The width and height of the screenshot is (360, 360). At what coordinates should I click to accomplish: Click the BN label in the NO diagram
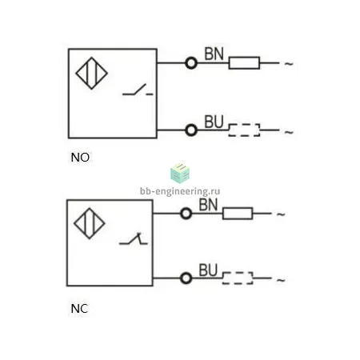(x=214, y=54)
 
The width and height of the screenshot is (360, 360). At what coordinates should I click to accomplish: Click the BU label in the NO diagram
(x=214, y=122)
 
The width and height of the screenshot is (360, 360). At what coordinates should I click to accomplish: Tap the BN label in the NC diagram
(x=208, y=205)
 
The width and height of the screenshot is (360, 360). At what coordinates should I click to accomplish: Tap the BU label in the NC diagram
(x=208, y=270)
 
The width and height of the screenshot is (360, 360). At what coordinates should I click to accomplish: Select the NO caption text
(x=80, y=158)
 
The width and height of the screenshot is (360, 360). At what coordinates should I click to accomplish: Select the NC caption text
(x=79, y=309)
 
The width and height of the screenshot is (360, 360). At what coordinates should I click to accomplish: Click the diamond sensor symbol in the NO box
(x=91, y=73)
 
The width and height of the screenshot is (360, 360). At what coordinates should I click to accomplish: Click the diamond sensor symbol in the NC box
(x=90, y=223)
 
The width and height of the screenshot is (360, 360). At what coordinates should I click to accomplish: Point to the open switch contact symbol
(x=138, y=90)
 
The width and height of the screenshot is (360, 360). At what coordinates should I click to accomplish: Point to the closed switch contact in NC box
(x=134, y=238)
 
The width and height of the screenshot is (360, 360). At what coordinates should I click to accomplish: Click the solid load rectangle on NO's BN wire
(x=244, y=63)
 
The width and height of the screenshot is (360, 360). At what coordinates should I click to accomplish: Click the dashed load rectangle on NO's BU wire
(x=244, y=130)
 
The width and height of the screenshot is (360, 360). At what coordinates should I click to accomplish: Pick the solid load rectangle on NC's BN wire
(x=238, y=214)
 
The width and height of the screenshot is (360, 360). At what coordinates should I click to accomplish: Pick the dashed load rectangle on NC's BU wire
(x=238, y=278)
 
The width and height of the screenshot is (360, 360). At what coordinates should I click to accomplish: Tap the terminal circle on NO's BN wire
(x=191, y=63)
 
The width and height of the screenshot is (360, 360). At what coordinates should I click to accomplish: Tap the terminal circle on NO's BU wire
(x=191, y=130)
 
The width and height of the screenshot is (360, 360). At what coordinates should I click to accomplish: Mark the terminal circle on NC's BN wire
(x=186, y=214)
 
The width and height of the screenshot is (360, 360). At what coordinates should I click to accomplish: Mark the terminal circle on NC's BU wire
(x=186, y=278)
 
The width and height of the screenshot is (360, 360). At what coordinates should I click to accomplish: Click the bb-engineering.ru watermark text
(x=180, y=191)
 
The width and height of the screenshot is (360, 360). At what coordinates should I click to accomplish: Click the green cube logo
(x=180, y=174)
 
